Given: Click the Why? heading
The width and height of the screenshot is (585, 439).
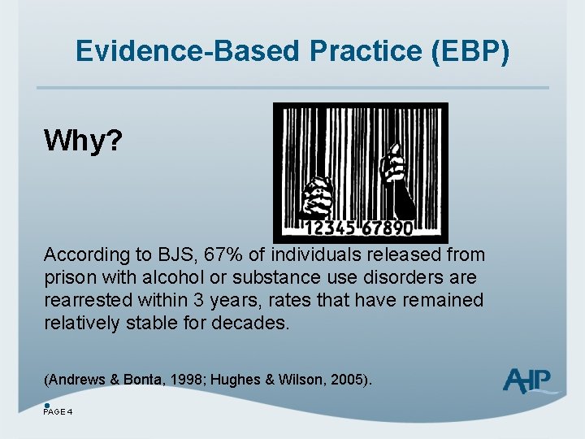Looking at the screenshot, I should [83, 141].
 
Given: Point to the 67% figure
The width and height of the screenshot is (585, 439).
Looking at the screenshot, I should [215, 255].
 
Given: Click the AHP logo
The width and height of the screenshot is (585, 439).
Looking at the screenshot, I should [529, 380].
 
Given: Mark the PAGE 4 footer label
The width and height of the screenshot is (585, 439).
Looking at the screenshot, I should [58, 411].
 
